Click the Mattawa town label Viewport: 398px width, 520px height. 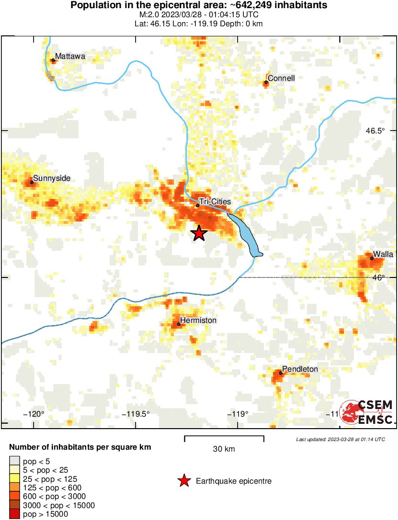pyautogui.click(x=70, y=56)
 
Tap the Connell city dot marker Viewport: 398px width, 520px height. pyautogui.click(x=266, y=82)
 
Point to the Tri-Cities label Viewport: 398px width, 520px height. pyautogui.click(x=214, y=202)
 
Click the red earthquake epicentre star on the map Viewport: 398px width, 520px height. pyautogui.click(x=199, y=233)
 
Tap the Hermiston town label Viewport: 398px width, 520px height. pyautogui.click(x=198, y=320)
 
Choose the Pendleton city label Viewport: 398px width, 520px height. pyautogui.click(x=300, y=369)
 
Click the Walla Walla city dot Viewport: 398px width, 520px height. pyautogui.click(x=372, y=258)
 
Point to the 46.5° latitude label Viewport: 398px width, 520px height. pyautogui.click(x=375, y=131)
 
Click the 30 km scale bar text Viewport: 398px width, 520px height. pyautogui.click(x=224, y=449)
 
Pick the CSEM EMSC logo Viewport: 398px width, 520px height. pyautogui.click(x=367, y=411)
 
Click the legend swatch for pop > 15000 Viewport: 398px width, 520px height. pyautogui.click(x=14, y=514)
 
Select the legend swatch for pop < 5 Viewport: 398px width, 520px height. pyautogui.click(x=14, y=462)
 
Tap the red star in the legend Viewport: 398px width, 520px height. pyautogui.click(x=184, y=481)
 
